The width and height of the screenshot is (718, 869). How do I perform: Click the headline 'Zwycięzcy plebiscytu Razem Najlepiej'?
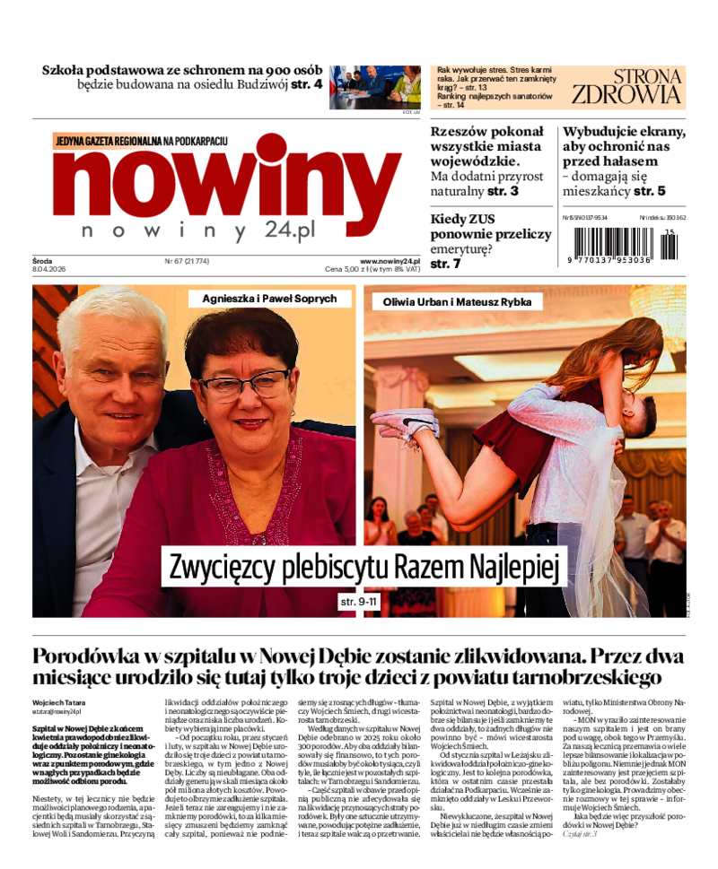click(363, 567)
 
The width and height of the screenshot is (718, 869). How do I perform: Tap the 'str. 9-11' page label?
click(359, 601)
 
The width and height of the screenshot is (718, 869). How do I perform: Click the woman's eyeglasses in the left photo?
click(244, 385)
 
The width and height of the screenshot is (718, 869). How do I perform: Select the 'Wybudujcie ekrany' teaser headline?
click(623, 146)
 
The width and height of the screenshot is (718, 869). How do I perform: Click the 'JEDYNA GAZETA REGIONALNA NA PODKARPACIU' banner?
click(141, 141)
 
